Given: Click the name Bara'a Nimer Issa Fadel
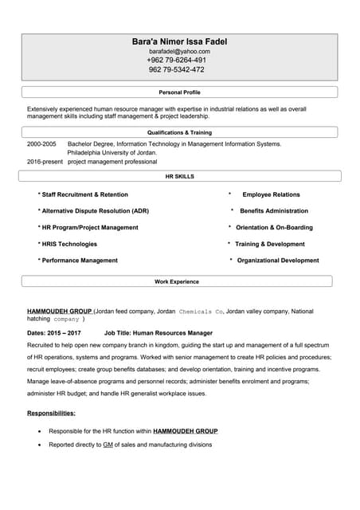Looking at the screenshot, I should pos(179,40).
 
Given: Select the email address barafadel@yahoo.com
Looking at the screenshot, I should pos(179,51).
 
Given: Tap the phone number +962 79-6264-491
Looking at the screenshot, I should pos(177,61).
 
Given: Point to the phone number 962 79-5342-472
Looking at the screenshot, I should pos(177,70).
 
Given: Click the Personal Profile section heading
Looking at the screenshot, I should pos(179,92).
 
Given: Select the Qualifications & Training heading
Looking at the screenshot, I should pos(179,132).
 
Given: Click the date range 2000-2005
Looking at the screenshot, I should pos(41,144).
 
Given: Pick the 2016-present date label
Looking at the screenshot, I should pos(45,162).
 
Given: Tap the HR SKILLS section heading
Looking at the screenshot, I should pos(179,176).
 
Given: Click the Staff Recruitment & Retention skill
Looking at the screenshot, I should pos(83,194).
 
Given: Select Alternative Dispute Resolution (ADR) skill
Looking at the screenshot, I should pos(93,211).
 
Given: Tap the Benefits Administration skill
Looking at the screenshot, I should pos(273,211).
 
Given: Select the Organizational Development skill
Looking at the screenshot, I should pos(277,261).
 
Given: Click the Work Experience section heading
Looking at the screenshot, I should pos(177,281).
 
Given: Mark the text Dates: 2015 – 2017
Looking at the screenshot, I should pos(54,333).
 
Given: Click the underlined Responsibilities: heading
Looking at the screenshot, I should pos(52,414).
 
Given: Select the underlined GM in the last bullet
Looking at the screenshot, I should pos(108,445).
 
